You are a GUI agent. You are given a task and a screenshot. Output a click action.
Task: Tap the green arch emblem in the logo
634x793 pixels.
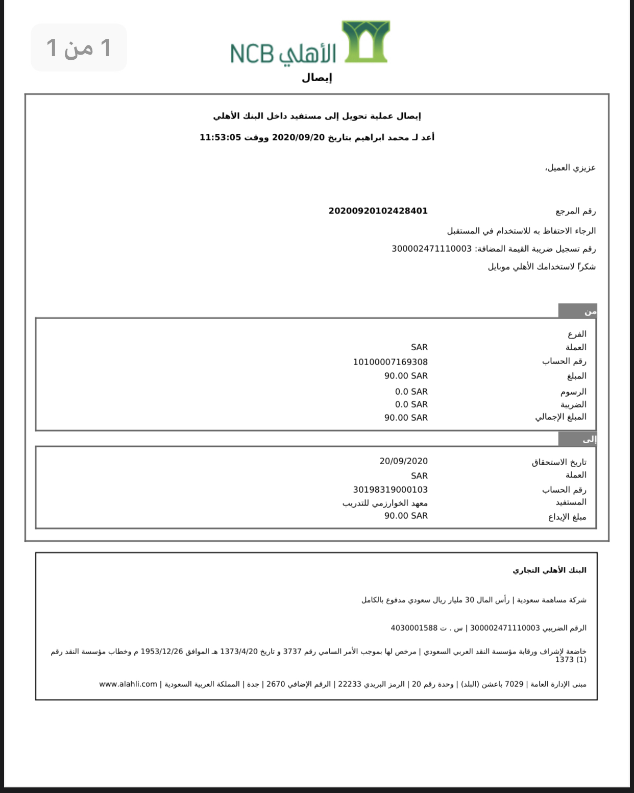(365, 42)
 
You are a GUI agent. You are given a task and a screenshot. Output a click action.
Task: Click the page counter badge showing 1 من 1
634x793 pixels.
(79, 47)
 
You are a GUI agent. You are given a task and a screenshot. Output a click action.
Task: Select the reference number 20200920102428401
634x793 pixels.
(378, 211)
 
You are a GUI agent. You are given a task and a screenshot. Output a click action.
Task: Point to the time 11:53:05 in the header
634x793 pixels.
(220, 137)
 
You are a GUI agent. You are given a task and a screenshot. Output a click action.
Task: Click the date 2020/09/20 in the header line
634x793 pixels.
(298, 137)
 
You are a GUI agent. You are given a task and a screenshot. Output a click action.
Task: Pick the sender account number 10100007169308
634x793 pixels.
(390, 362)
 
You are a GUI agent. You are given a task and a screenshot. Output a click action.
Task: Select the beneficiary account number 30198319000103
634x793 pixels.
(390, 490)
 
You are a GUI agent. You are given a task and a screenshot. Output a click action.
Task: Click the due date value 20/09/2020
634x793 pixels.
(403, 461)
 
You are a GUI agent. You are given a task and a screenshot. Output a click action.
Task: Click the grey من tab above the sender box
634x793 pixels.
(577, 311)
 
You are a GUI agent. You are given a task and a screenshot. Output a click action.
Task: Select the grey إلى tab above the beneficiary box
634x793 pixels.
(577, 439)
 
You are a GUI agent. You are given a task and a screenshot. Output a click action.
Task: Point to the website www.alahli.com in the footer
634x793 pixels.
(128, 684)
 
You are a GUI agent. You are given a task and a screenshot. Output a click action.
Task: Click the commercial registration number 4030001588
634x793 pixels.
(414, 628)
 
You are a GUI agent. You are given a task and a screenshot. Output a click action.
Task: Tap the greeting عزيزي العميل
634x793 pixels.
(570, 168)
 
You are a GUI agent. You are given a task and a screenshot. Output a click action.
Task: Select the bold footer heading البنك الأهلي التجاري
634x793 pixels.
(549, 570)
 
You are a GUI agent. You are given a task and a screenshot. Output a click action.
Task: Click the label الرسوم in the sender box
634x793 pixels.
(573, 392)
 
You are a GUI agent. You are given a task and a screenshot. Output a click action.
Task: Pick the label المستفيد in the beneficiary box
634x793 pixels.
(571, 503)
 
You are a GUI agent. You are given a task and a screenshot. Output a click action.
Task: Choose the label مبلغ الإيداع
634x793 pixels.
(567, 517)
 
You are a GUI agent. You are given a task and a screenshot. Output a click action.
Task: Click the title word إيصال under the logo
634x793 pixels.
(316, 78)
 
